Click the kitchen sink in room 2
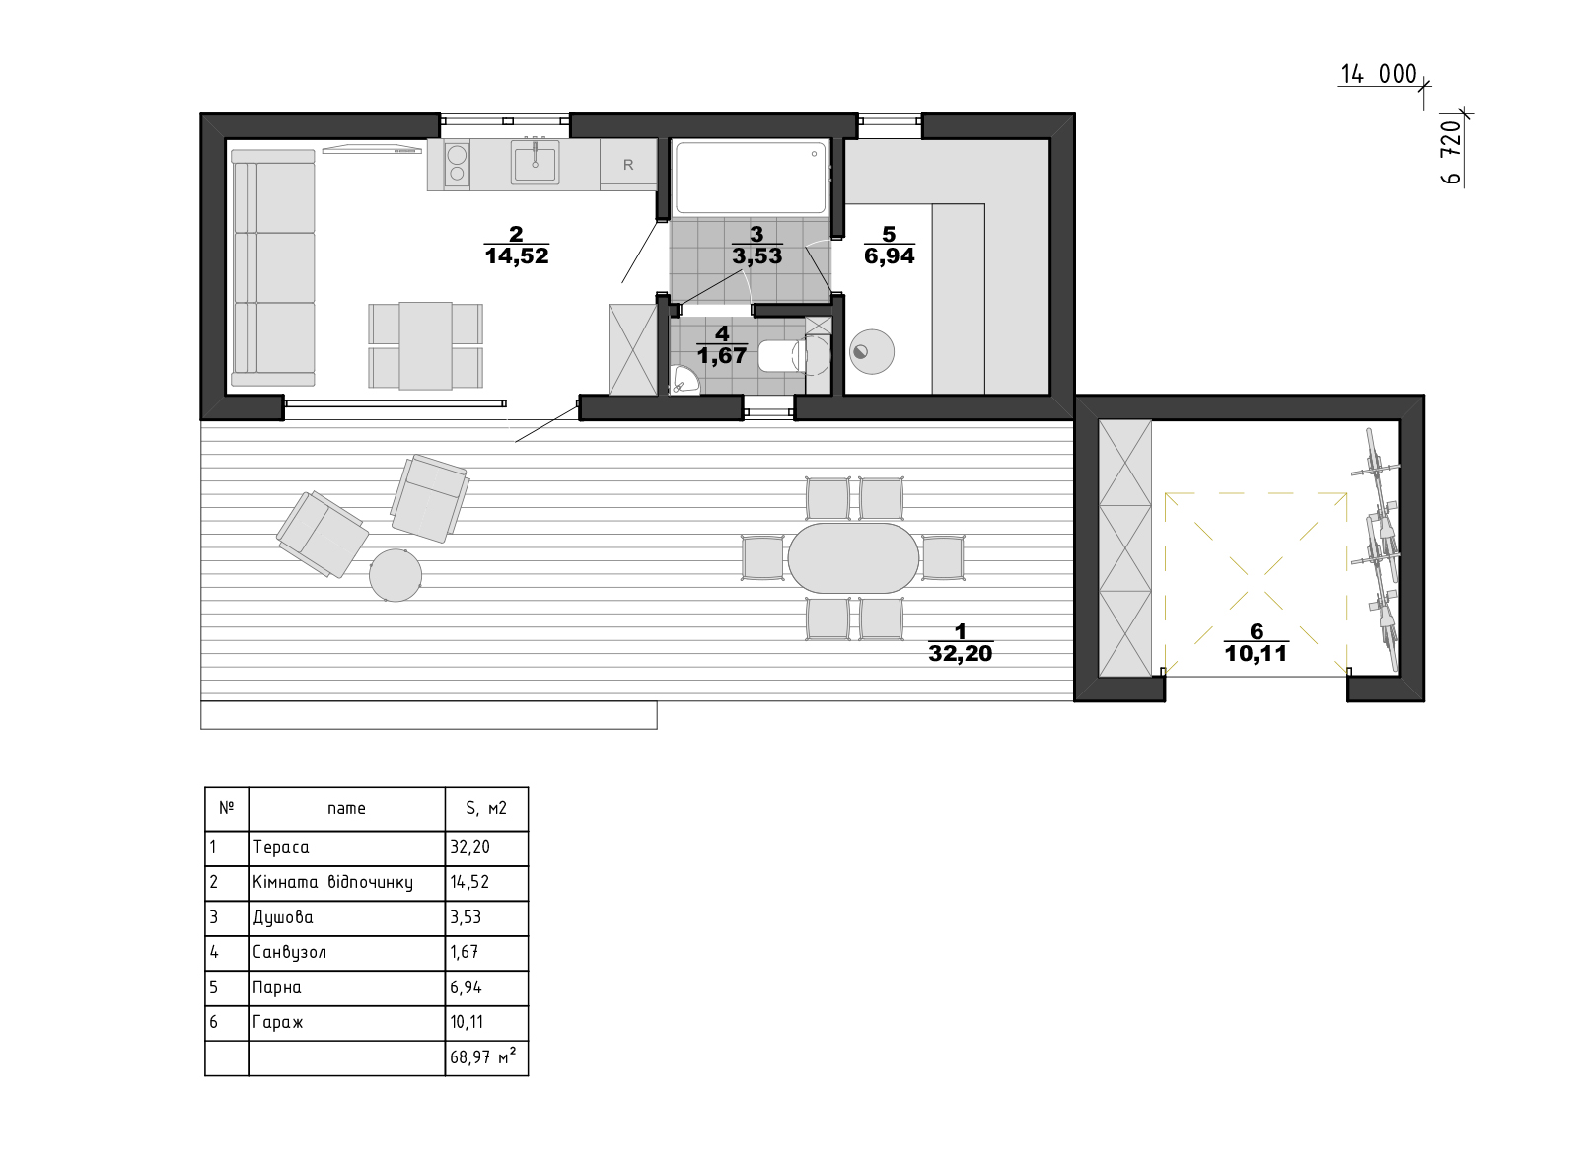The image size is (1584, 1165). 535,161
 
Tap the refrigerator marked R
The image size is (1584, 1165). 628,164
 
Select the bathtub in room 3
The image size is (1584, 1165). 751,178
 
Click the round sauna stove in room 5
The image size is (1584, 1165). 871,351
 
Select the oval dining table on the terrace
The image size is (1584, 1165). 853,558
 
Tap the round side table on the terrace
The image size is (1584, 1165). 396,575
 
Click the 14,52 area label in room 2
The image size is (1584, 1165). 517,256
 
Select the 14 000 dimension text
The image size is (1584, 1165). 1379,74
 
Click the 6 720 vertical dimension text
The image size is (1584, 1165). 1450,151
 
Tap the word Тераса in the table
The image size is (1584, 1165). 281,847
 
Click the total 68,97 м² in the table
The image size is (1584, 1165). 483,1056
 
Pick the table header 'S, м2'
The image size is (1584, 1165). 486,808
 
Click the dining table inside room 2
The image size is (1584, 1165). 425,346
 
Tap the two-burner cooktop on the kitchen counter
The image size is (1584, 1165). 457,164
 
